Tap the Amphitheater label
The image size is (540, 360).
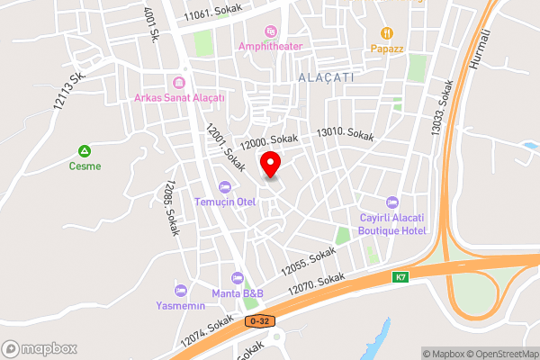271,45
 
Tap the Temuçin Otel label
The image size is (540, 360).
225,201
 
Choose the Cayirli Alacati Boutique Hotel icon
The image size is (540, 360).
391,202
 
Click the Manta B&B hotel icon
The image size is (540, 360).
238,277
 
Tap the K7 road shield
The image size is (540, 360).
400,277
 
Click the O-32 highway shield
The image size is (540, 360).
260,320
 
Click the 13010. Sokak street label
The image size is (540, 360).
344,134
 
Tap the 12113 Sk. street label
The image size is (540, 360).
67,90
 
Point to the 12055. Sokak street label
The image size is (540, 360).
308,261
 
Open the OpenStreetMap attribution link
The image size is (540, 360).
500,353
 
